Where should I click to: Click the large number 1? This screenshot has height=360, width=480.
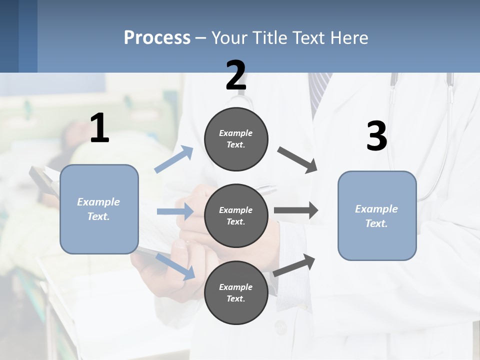(99, 128)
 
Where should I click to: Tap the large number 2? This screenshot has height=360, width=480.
(236, 75)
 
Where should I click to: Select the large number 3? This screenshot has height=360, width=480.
(376, 136)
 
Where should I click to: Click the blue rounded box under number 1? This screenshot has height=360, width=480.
(99, 209)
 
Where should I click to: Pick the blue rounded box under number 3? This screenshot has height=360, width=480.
(377, 215)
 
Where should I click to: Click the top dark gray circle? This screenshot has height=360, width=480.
(236, 139)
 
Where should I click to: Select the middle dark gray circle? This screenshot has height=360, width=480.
(236, 215)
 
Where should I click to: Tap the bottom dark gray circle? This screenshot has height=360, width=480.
(236, 292)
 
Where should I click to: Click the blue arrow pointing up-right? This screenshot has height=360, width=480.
(174, 159)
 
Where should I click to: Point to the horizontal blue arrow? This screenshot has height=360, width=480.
(175, 211)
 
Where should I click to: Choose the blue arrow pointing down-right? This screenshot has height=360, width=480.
(175, 266)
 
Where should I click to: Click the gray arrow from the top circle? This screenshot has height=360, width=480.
(297, 159)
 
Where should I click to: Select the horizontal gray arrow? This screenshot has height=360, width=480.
(295, 210)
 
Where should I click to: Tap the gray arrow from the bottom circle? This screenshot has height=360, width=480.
(294, 265)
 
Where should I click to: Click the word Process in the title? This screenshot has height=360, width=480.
(157, 37)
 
